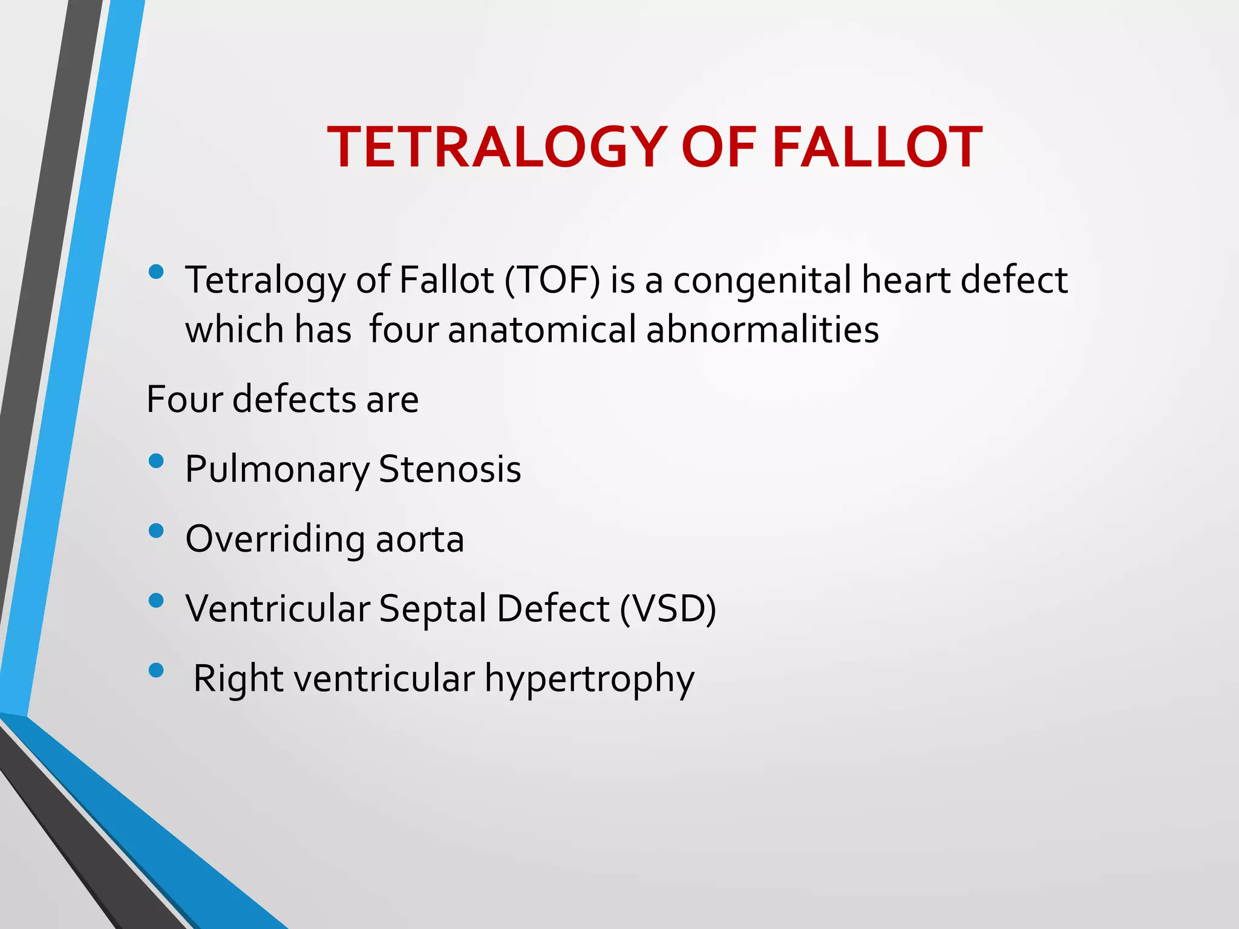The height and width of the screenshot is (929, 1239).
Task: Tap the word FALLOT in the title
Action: click(877, 147)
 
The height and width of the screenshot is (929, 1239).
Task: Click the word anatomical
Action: click(542, 330)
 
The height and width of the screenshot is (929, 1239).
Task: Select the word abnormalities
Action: click(762, 330)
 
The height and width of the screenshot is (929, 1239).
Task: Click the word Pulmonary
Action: click(277, 469)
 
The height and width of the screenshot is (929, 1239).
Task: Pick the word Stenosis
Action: click(450, 469)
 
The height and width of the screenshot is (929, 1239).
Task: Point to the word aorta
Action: click(420, 539)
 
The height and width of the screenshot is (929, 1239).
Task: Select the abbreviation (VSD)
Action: click(667, 608)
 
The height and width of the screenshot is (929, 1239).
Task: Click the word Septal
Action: click(433, 608)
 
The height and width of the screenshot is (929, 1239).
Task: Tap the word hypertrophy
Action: click(589, 679)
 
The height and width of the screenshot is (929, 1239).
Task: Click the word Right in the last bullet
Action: click(238, 679)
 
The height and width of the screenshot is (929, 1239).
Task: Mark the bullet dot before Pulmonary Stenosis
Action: click(156, 461)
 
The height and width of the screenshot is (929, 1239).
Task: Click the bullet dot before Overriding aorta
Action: click(156, 531)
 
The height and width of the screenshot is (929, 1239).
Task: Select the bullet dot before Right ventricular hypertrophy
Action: click(156, 670)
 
